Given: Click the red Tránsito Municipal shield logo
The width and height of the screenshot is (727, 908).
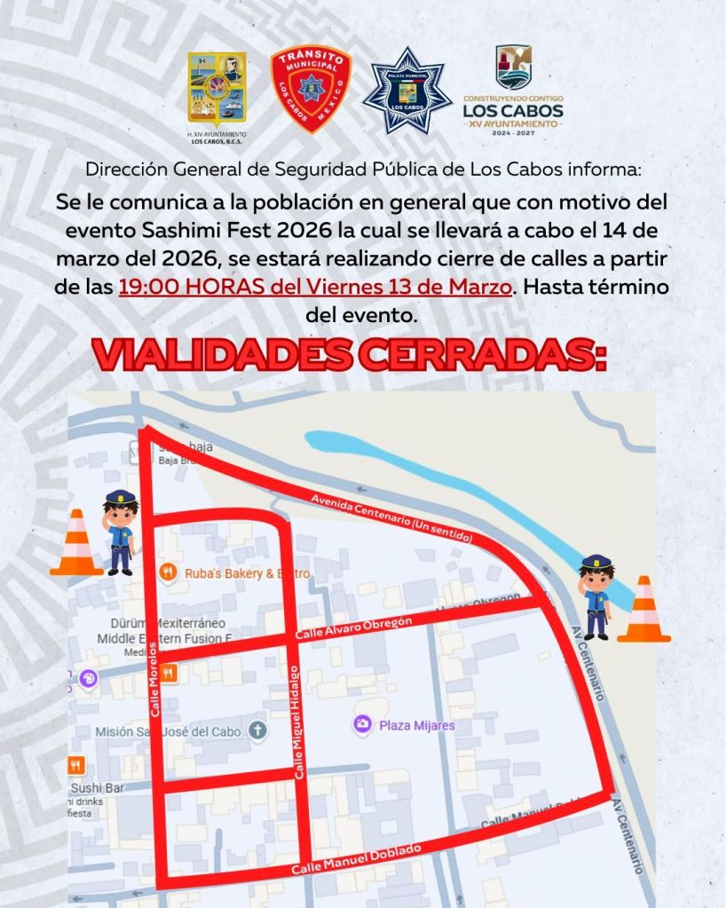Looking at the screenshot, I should click(311, 89).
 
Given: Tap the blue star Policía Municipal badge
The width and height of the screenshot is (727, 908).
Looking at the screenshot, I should click(407, 91).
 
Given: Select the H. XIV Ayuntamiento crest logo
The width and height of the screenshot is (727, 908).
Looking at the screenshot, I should click(217, 89).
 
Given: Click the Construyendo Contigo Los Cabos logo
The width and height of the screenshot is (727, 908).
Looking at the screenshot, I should click(513, 89).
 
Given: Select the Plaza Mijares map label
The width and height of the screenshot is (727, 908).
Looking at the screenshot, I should click(416, 725).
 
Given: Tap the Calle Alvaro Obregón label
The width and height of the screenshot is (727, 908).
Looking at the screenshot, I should click(353, 628).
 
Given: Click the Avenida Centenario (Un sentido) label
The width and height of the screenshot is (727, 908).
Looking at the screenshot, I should click(391, 519).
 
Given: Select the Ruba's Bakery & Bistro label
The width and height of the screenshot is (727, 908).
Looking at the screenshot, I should click(247, 573).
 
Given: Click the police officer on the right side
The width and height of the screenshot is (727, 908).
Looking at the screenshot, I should click(596, 596).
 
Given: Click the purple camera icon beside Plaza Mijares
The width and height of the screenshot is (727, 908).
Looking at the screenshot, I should click(362, 725).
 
